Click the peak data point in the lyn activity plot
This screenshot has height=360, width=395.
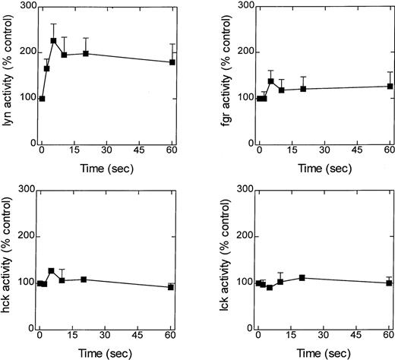point(53,41)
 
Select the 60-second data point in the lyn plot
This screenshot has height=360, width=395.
point(172,62)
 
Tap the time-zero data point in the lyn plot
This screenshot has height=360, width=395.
point(42,99)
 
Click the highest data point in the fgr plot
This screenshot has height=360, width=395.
point(271,81)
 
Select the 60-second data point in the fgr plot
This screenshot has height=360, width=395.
point(390,86)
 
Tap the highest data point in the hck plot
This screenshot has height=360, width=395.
point(51,271)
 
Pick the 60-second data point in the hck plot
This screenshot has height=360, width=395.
point(171,287)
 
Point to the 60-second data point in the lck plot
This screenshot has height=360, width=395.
point(389,283)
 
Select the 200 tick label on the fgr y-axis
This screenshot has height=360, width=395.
point(245,52)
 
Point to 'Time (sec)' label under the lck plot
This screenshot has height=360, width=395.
point(324,353)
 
